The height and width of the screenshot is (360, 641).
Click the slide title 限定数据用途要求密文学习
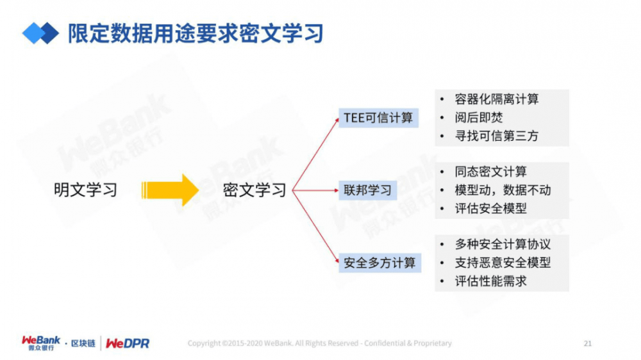click(196, 33)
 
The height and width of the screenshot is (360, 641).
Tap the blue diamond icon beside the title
click(40, 33)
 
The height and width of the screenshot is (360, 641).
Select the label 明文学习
click(85, 190)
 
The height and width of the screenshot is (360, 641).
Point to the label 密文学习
click(254, 190)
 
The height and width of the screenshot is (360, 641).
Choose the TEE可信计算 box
click(378, 118)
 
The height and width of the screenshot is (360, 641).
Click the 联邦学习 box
click(367, 190)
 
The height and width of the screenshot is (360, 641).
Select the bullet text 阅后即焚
click(479, 118)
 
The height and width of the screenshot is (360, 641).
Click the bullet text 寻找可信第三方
click(497, 136)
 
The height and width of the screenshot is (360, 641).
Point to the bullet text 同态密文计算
click(491, 172)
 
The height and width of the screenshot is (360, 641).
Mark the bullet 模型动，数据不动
click(503, 190)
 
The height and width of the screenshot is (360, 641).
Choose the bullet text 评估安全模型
click(491, 208)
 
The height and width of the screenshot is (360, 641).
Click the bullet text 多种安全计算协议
click(503, 245)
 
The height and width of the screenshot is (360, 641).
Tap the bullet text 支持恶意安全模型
click(503, 263)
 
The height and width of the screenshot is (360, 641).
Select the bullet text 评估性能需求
click(491, 281)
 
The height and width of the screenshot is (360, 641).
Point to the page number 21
click(587, 343)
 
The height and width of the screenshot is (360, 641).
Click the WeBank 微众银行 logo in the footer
click(41, 343)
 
